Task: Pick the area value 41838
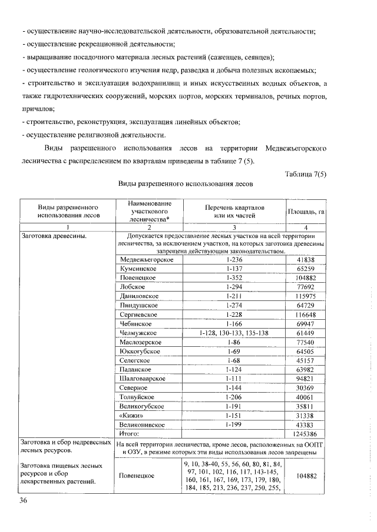tap(306, 259)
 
